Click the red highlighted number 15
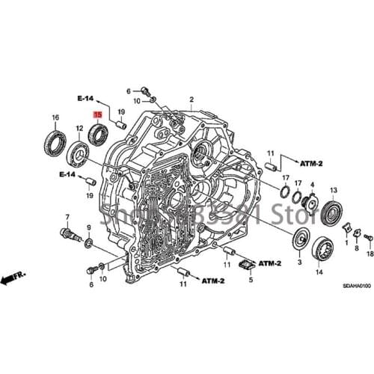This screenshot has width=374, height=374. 96,114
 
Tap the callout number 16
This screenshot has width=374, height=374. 55,119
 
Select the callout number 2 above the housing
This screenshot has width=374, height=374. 191,99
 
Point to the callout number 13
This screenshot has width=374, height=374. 334,189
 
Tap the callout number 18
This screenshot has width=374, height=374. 369,254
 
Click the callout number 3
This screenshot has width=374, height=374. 298,263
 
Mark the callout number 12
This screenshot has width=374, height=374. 79,131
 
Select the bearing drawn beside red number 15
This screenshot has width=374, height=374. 96,133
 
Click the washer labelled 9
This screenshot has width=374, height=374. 88,243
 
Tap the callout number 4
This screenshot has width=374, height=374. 312,184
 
